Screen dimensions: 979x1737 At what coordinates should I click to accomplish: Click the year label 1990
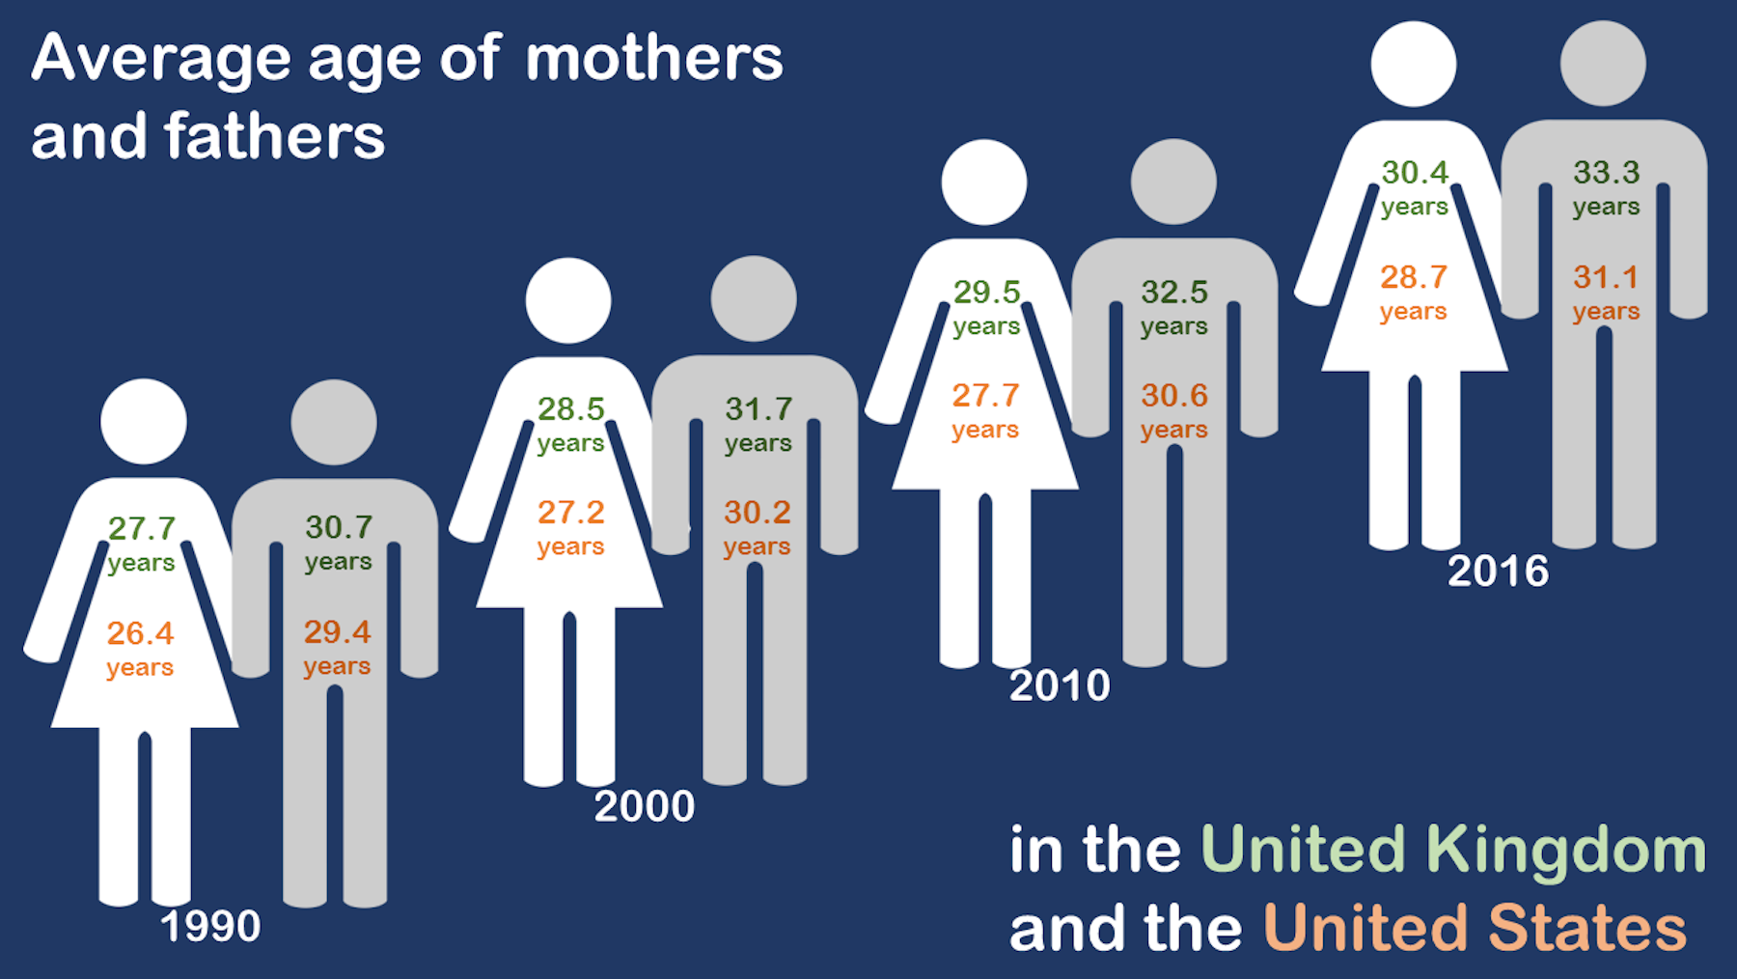pos(210,927)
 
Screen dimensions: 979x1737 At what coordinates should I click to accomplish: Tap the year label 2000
pos(645,806)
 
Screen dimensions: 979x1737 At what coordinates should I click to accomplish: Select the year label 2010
pos(1060,685)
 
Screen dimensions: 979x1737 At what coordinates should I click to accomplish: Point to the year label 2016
pos(1498,572)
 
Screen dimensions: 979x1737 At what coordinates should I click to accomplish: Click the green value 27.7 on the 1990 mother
pos(142,528)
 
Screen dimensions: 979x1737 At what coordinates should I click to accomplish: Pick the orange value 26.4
pos(140,633)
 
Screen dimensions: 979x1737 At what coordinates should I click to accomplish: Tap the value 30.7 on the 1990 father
pos(339,527)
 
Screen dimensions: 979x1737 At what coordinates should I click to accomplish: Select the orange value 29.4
pos(337,631)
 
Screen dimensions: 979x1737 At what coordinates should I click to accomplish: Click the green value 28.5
pos(571,409)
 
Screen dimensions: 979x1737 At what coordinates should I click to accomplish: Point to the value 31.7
pos(758,409)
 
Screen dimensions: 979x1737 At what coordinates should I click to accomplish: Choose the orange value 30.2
pos(758,512)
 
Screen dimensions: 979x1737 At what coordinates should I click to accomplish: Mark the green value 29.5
pos(986,292)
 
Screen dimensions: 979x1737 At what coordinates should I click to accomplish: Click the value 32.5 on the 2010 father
pos(1174,292)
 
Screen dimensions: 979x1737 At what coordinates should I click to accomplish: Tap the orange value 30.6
pos(1174,395)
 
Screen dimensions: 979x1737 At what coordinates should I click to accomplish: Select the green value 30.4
pos(1415,173)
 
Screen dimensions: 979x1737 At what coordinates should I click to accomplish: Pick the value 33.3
pos(1607,173)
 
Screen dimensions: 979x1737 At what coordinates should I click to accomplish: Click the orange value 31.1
pos(1607,277)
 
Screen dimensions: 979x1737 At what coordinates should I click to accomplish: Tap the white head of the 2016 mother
pos(1414,64)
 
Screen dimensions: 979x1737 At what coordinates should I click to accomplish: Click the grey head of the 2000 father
pos(754,298)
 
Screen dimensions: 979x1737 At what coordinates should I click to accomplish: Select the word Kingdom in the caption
pos(1566,851)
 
